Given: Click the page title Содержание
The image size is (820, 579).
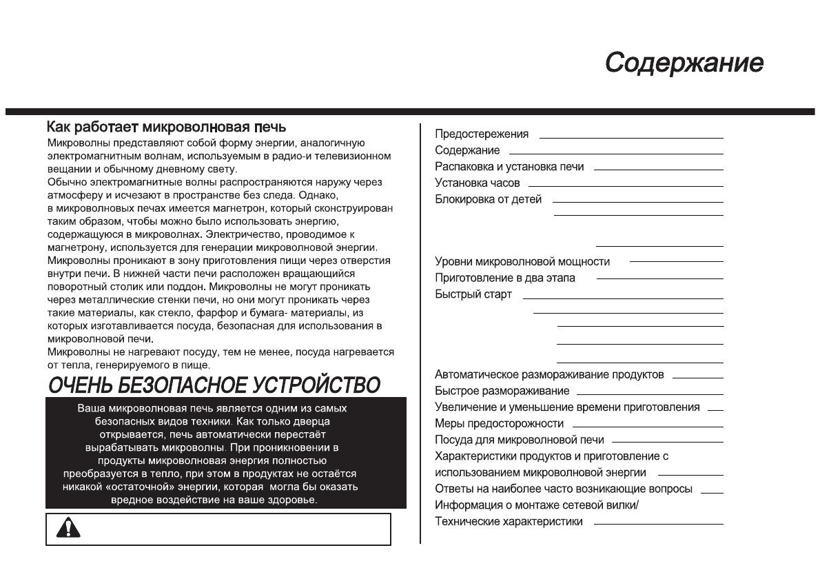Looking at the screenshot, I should (x=684, y=63).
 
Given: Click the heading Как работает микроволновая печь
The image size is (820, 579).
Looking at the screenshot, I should (x=166, y=128).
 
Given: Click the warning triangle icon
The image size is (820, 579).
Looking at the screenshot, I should (x=68, y=527).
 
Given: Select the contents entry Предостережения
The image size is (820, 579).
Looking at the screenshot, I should (x=482, y=134).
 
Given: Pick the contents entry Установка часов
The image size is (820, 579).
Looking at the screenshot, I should (x=477, y=183).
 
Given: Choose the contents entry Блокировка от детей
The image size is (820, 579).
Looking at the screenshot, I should (x=488, y=200).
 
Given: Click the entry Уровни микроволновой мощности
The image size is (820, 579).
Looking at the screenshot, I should (x=522, y=262).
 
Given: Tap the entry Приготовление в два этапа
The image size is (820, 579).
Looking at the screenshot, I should (x=504, y=278).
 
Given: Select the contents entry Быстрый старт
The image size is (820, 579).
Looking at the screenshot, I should (x=473, y=295).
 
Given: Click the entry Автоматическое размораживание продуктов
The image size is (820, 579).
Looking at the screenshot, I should (x=549, y=374).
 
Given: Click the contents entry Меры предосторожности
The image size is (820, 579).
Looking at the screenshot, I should (x=499, y=423).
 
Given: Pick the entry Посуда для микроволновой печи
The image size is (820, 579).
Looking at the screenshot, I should (x=519, y=440).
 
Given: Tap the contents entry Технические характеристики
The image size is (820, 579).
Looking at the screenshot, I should (x=509, y=522).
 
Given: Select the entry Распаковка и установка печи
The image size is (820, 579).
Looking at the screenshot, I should (x=509, y=167).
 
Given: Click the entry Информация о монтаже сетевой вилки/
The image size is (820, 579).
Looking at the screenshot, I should (x=537, y=505).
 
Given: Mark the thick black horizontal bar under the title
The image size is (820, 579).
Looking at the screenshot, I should (x=410, y=111).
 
